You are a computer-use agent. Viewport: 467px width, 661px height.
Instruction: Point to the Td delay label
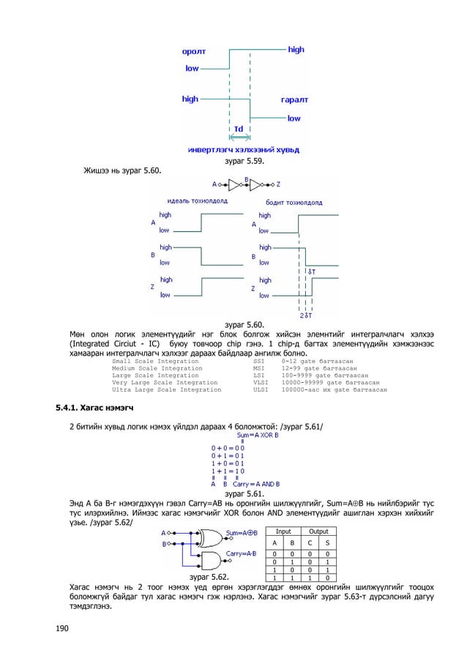(239, 128)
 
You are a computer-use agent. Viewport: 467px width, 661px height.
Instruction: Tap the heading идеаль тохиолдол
(197, 201)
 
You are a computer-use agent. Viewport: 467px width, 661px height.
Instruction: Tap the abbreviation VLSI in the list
(260, 382)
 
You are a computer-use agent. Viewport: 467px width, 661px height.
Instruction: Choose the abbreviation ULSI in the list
(260, 390)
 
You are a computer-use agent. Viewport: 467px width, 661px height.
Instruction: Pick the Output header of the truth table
(318, 531)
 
